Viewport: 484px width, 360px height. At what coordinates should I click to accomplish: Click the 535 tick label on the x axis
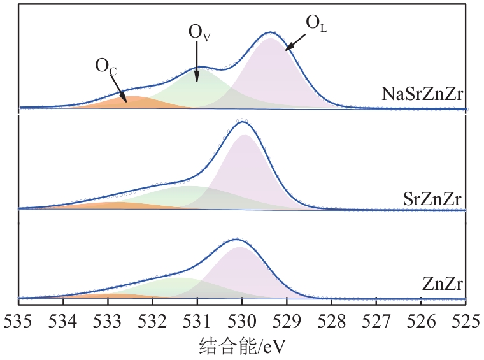click(18, 319)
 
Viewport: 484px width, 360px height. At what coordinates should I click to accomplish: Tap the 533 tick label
click(108, 319)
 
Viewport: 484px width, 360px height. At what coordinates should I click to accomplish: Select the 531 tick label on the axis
click(197, 319)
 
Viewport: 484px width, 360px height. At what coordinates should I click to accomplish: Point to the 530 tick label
click(242, 319)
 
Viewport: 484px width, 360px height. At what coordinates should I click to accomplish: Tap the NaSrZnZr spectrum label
click(421, 96)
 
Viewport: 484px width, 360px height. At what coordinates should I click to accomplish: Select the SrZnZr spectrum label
click(433, 198)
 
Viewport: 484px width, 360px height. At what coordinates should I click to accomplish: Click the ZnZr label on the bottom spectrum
click(443, 284)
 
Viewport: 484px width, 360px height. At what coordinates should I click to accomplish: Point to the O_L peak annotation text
click(317, 24)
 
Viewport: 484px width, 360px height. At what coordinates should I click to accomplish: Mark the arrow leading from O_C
click(119, 87)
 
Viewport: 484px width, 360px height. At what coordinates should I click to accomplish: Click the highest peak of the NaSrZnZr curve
click(271, 32)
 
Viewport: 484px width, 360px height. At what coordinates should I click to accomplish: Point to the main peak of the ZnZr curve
click(238, 240)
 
